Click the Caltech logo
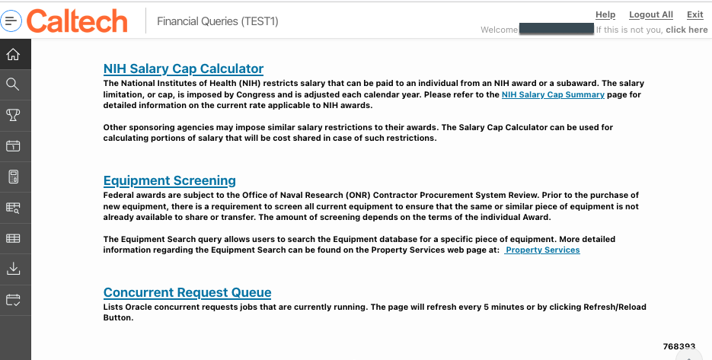pyautogui.click(x=77, y=21)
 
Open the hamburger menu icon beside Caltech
pyautogui.click(x=12, y=21)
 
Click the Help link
pyautogui.click(x=605, y=14)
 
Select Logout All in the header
pyautogui.click(x=651, y=14)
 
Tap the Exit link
pyautogui.click(x=694, y=14)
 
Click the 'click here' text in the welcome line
pyautogui.click(x=686, y=30)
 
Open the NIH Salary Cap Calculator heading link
pyautogui.click(x=184, y=68)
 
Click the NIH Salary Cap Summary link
pyautogui.click(x=553, y=95)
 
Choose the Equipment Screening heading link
pyautogui.click(x=170, y=180)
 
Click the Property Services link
pyautogui.click(x=542, y=250)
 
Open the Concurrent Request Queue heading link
pyautogui.click(x=187, y=292)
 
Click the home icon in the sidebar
pyautogui.click(x=13, y=54)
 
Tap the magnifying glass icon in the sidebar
pyautogui.click(x=13, y=84)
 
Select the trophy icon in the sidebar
pyautogui.click(x=13, y=115)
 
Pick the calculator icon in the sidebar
pyautogui.click(x=13, y=177)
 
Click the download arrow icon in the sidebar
pyautogui.click(x=13, y=269)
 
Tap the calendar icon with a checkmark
pyautogui.click(x=13, y=299)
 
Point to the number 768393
pyautogui.click(x=678, y=346)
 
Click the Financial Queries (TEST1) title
pyautogui.click(x=218, y=21)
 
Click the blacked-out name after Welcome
pyautogui.click(x=556, y=30)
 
